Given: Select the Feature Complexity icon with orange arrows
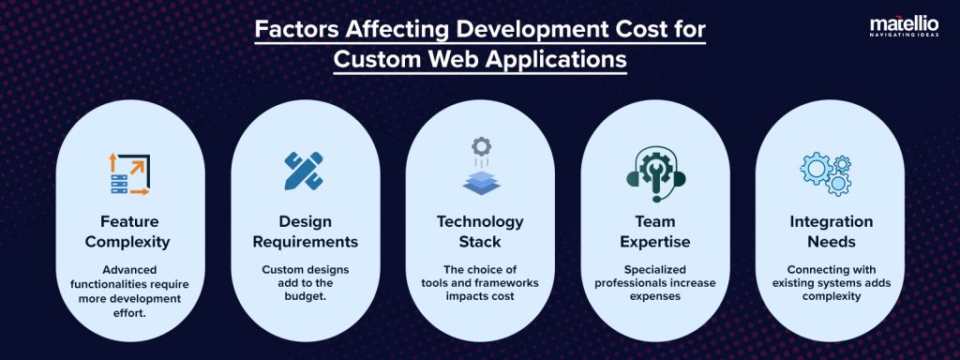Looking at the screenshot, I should click(128, 173).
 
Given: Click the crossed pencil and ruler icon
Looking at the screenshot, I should click(304, 171).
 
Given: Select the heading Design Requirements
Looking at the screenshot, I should click(305, 232).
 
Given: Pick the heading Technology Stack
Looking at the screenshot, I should click(480, 232).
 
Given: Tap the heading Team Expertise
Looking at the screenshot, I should click(654, 232).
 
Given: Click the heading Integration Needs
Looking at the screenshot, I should click(829, 232).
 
